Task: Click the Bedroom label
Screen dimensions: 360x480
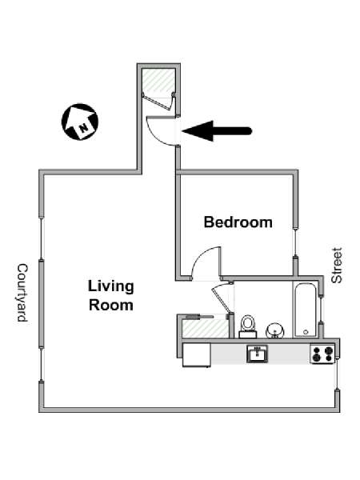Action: coord(238,222)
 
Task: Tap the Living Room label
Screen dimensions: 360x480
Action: coord(111,296)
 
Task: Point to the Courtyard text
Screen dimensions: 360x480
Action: coord(22,293)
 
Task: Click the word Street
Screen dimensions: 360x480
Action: coord(337,266)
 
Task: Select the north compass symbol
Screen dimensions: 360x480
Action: coord(80,122)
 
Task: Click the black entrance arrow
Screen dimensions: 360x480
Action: coord(217,131)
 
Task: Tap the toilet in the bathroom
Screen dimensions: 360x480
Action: coord(248,326)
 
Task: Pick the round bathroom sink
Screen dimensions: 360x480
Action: coord(275,330)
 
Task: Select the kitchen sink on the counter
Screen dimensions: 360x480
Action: coord(257,354)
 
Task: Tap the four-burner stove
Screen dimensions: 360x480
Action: coord(322,354)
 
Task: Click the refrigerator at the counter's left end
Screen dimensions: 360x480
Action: coord(196,354)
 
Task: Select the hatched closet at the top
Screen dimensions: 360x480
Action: coord(158,80)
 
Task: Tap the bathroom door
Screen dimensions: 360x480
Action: coord(222,298)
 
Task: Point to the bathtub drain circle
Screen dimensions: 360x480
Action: coord(306,332)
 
